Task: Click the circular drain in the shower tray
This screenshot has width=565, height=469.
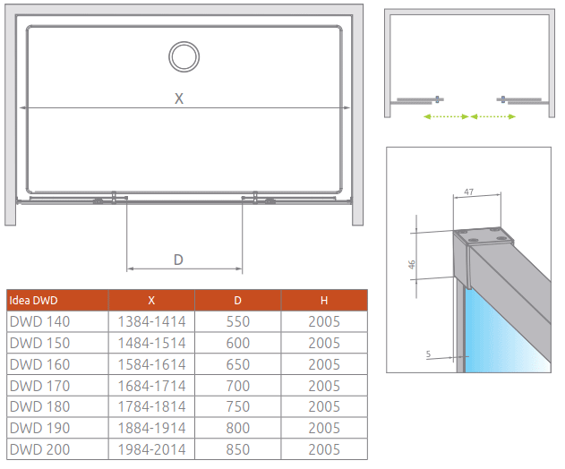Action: pos(184,56)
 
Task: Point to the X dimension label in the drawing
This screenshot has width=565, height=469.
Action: pos(179,99)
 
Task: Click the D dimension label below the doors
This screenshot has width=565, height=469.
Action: pos(178,260)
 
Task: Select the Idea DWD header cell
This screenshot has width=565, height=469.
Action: pos(33,300)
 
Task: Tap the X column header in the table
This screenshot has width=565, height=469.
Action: pos(151,300)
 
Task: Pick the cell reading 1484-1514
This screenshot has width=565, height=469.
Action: pos(151,343)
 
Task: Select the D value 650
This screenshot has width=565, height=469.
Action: pos(237,364)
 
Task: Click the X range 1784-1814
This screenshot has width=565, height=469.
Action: pos(151,407)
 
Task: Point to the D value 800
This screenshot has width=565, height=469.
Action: pos(237,429)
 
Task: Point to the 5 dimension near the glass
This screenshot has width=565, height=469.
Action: pos(428,355)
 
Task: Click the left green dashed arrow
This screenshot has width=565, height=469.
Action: pos(446,116)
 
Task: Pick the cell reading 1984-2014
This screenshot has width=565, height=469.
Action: pos(151,450)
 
